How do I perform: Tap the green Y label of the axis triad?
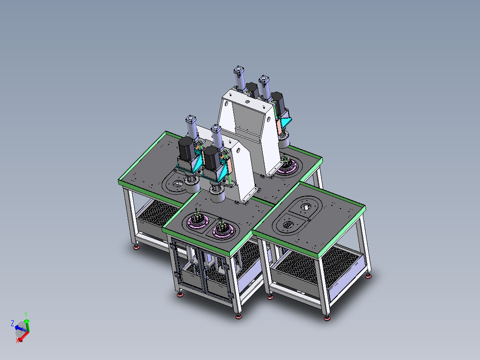[x=26, y=315]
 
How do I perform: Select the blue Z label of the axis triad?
[x=12, y=323]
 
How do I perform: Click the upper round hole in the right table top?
[x=306, y=208]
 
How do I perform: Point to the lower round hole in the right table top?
[x=289, y=225]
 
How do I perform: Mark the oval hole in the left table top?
[x=178, y=184]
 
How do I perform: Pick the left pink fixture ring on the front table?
[x=198, y=221]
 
